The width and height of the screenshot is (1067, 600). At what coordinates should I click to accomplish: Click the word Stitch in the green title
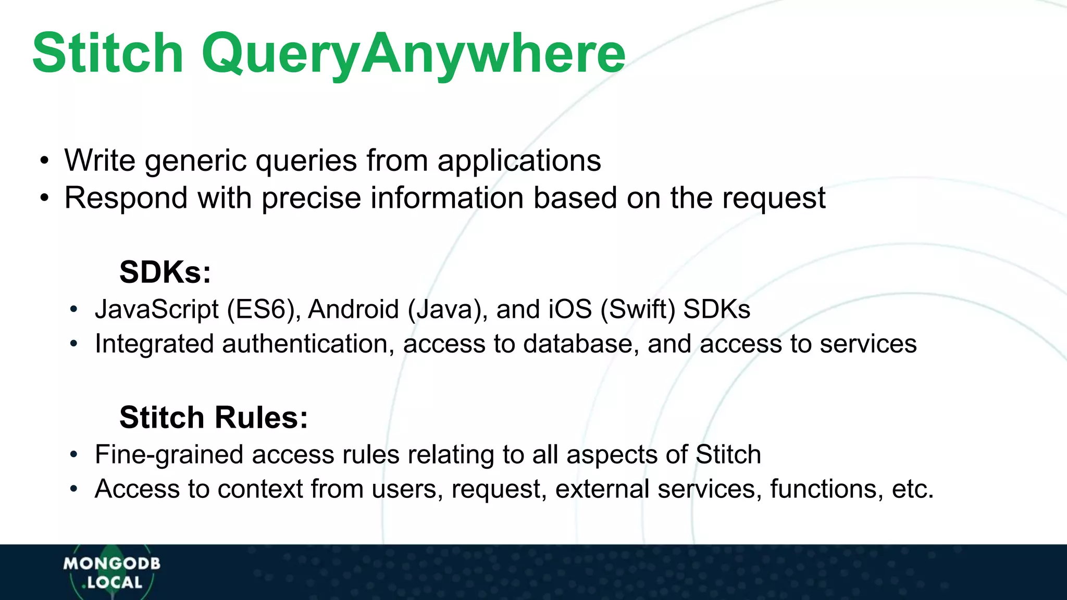[x=108, y=53]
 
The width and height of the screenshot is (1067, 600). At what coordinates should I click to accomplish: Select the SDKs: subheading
[x=165, y=272]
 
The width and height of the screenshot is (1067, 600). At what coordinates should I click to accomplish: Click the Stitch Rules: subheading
[x=214, y=417]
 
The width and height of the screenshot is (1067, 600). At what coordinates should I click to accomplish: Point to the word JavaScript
[x=156, y=309]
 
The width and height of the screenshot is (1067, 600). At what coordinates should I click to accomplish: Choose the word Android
[x=354, y=309]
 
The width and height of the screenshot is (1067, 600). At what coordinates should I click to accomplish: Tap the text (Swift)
[x=638, y=309]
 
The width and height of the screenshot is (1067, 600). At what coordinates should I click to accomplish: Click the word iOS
[x=570, y=309]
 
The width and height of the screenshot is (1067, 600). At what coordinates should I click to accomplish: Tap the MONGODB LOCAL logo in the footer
[x=112, y=572]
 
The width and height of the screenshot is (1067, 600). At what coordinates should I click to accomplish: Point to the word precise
[x=311, y=198]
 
